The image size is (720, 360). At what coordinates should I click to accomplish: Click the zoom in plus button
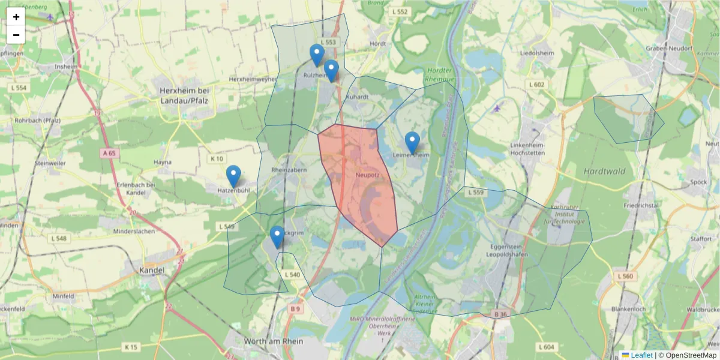pos(16,17)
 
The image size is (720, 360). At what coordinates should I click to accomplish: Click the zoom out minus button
pos(16,35)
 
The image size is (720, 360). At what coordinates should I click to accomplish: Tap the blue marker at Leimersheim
pos(412,142)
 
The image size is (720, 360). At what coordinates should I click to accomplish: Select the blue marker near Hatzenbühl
pos(233,176)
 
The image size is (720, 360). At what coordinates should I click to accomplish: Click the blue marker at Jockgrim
pos(277,236)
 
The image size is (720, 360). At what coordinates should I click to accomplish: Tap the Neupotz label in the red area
pos(367,175)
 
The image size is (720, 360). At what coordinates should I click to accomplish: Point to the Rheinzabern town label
pos(289,170)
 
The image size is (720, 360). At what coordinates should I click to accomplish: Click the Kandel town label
pos(151,271)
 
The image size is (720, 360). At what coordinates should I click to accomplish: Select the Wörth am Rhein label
pos(274,341)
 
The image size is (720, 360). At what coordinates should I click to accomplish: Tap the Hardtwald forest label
pos(604,171)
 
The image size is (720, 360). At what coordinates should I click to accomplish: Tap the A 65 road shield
pos(109,154)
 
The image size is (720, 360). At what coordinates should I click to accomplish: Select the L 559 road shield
pos(475,193)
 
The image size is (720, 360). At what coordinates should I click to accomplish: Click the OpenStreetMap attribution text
pos(688,355)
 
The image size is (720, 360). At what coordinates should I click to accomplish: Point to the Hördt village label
pos(378,44)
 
